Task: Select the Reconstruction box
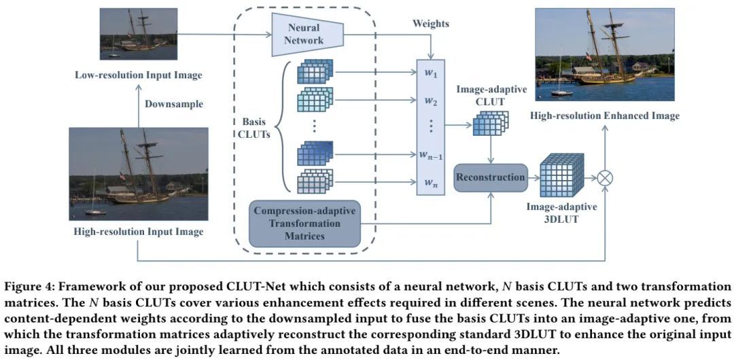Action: (491, 177)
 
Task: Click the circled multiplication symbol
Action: (604, 178)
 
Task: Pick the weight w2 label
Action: (431, 101)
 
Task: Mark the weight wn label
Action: (431, 181)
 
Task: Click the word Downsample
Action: (175, 104)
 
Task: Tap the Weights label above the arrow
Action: (431, 24)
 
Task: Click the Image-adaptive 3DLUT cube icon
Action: (561, 175)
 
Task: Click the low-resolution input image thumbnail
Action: (139, 33)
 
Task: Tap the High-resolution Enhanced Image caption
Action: (606, 115)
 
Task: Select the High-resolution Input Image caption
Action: (139, 232)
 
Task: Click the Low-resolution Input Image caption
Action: (139, 73)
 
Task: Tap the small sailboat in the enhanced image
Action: (561, 85)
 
